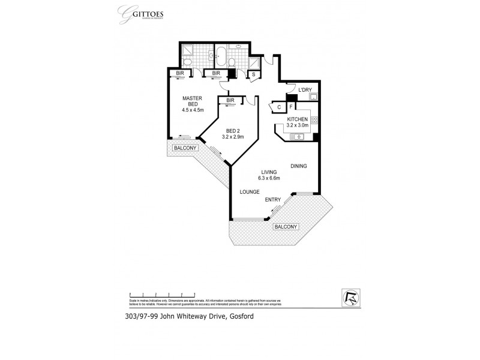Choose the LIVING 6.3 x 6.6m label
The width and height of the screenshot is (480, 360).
pyautogui.click(x=260, y=174)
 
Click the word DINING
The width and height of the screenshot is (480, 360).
pyautogui.click(x=299, y=166)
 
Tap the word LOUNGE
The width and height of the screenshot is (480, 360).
pyautogui.click(x=249, y=192)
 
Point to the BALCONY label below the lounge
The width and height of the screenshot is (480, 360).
pyautogui.click(x=286, y=227)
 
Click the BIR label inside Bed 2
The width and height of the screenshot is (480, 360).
pyautogui.click(x=230, y=100)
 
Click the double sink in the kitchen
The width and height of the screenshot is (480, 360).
pyautogui.click(x=296, y=137)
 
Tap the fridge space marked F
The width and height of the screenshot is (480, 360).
pyautogui.click(x=291, y=107)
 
